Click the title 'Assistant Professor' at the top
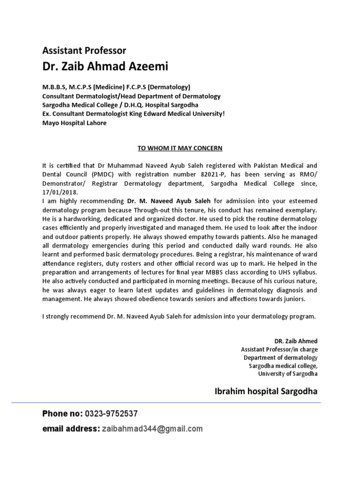[84, 50]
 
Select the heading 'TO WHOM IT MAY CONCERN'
[180, 149]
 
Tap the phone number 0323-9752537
[111, 413]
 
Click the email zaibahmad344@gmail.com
[151, 428]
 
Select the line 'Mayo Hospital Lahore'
[75, 123]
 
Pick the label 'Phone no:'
[62, 413]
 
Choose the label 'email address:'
[70, 428]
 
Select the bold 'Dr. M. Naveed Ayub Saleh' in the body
[169, 200]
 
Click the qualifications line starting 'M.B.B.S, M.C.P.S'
[116, 87]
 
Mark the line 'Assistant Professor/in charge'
[279, 349]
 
